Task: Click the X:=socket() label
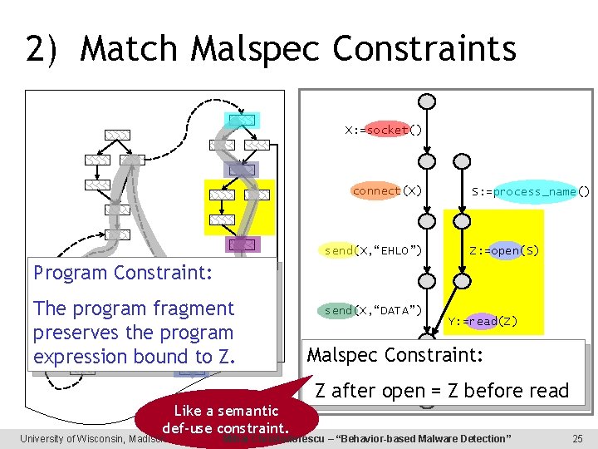click(x=384, y=131)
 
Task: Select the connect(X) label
click(x=387, y=190)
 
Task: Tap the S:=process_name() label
click(x=531, y=191)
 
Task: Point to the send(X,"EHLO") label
click(x=373, y=250)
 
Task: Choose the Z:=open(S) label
click(x=504, y=250)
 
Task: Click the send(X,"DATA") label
click(x=373, y=310)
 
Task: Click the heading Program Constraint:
click(x=122, y=273)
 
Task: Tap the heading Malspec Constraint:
click(x=395, y=355)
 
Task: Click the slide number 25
click(x=577, y=438)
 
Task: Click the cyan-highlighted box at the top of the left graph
click(x=242, y=120)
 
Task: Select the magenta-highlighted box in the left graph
click(x=242, y=244)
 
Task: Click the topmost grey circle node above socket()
click(x=426, y=101)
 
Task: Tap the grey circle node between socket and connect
click(x=426, y=161)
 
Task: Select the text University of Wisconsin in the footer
click(x=75, y=438)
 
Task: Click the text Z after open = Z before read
click(x=441, y=390)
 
